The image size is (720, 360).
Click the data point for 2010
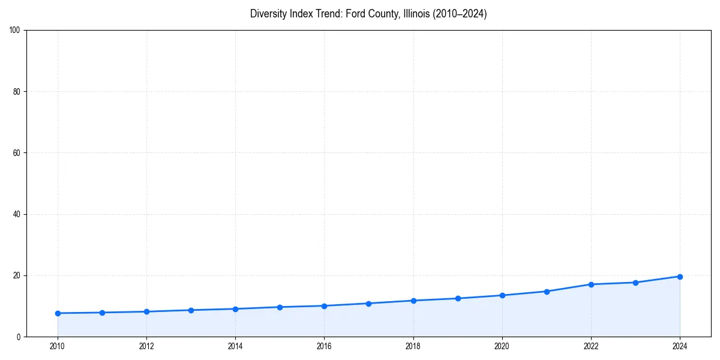(x=58, y=313)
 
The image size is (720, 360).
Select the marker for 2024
(x=680, y=277)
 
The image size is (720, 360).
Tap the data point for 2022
(x=591, y=284)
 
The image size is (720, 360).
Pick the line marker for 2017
(x=368, y=304)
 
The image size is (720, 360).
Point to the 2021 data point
(x=547, y=292)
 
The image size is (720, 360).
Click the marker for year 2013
(x=191, y=310)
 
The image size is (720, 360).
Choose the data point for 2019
(x=458, y=298)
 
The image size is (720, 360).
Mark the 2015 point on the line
(x=280, y=307)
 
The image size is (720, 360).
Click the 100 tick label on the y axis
(x=16, y=31)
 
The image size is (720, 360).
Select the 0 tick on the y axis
(x=19, y=337)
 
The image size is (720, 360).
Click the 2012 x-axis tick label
(x=146, y=346)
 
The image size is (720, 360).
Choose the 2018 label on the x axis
(x=413, y=346)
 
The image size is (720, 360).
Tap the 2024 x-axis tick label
(x=680, y=346)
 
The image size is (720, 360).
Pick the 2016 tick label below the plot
(x=324, y=346)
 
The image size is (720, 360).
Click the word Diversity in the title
(x=267, y=14)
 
